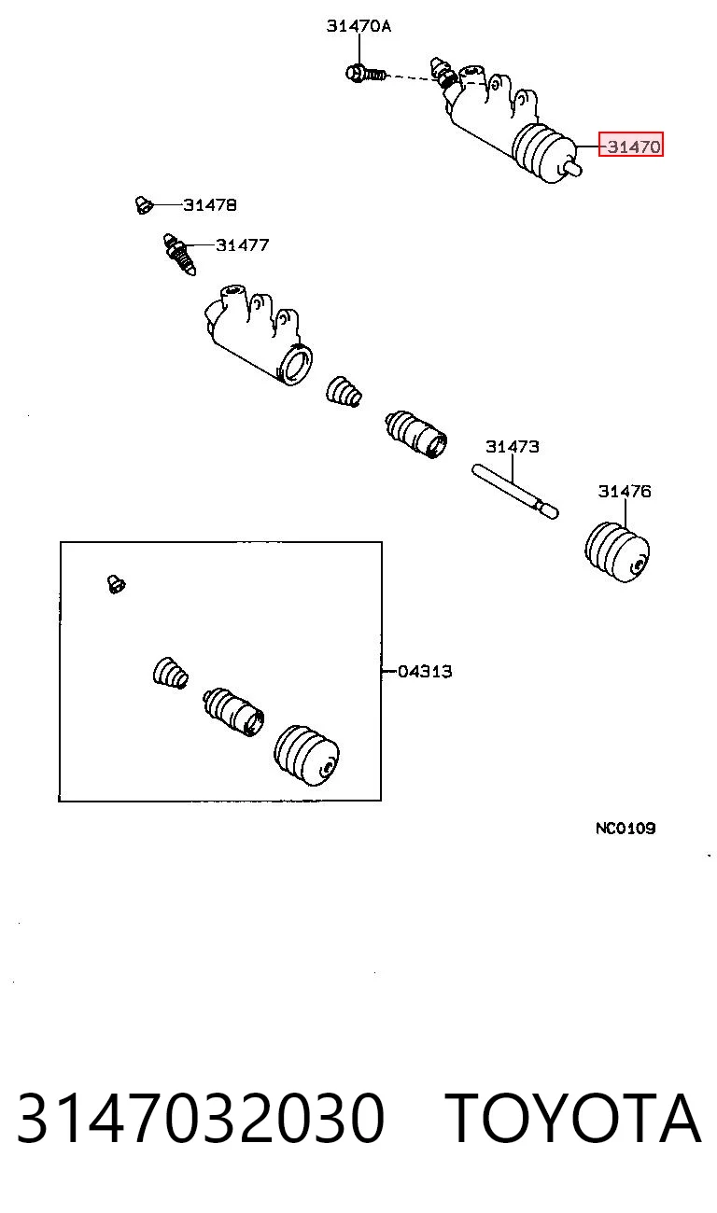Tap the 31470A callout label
(x=358, y=26)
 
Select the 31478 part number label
(x=210, y=205)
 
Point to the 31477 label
(x=242, y=245)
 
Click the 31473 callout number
(x=513, y=447)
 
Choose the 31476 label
(x=625, y=491)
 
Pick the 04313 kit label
(x=425, y=672)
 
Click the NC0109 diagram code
(x=626, y=828)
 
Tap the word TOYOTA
(x=575, y=1117)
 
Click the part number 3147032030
(x=201, y=1117)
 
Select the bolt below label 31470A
(x=366, y=73)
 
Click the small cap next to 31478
(x=144, y=204)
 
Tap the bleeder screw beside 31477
(x=179, y=254)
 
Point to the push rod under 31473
(x=514, y=491)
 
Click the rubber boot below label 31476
(x=617, y=551)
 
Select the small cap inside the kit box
(x=116, y=584)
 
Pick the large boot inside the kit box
(x=307, y=755)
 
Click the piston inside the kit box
(x=233, y=712)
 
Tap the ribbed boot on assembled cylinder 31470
(x=543, y=152)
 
